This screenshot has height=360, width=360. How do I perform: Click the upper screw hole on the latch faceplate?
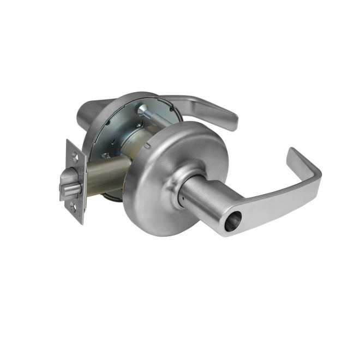point(75,158)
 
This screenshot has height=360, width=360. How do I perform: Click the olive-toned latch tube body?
point(106,175)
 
